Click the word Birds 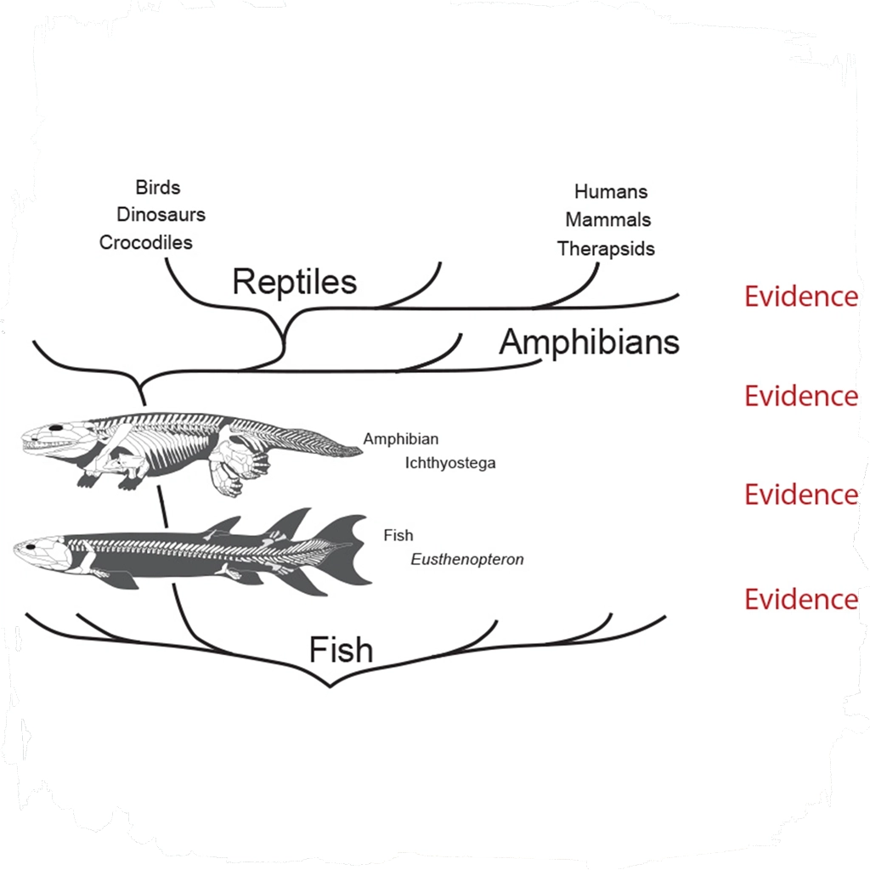(x=158, y=187)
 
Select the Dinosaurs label (x=161, y=214)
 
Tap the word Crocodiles (x=146, y=242)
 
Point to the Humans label (x=610, y=191)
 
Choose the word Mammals (x=607, y=219)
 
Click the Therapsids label (x=606, y=248)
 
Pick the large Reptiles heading (x=294, y=281)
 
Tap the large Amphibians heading (x=589, y=342)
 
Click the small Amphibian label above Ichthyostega (x=401, y=439)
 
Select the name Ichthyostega (x=450, y=463)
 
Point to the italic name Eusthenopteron (x=466, y=560)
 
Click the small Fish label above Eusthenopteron (x=398, y=535)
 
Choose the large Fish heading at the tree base (x=341, y=650)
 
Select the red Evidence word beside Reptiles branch (x=800, y=297)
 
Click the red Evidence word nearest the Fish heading (x=800, y=599)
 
